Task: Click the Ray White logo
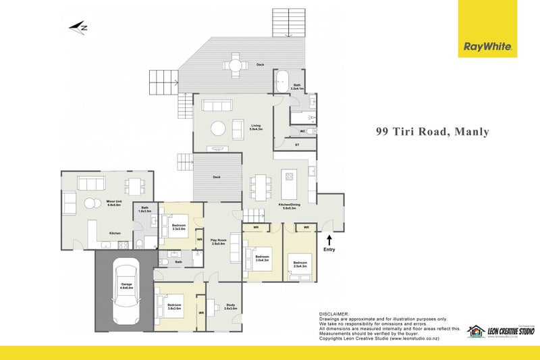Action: (x=487, y=47)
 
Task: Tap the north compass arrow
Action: (x=79, y=28)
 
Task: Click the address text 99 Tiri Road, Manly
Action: (x=432, y=132)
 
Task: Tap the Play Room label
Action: (x=217, y=241)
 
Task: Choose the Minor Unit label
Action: (x=113, y=202)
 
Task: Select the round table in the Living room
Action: (x=218, y=128)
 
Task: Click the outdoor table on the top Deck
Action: (x=236, y=66)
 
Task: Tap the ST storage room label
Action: (x=297, y=145)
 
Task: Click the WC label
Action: (x=303, y=131)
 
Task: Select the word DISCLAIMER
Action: (x=334, y=314)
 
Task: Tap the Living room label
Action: (x=256, y=126)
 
